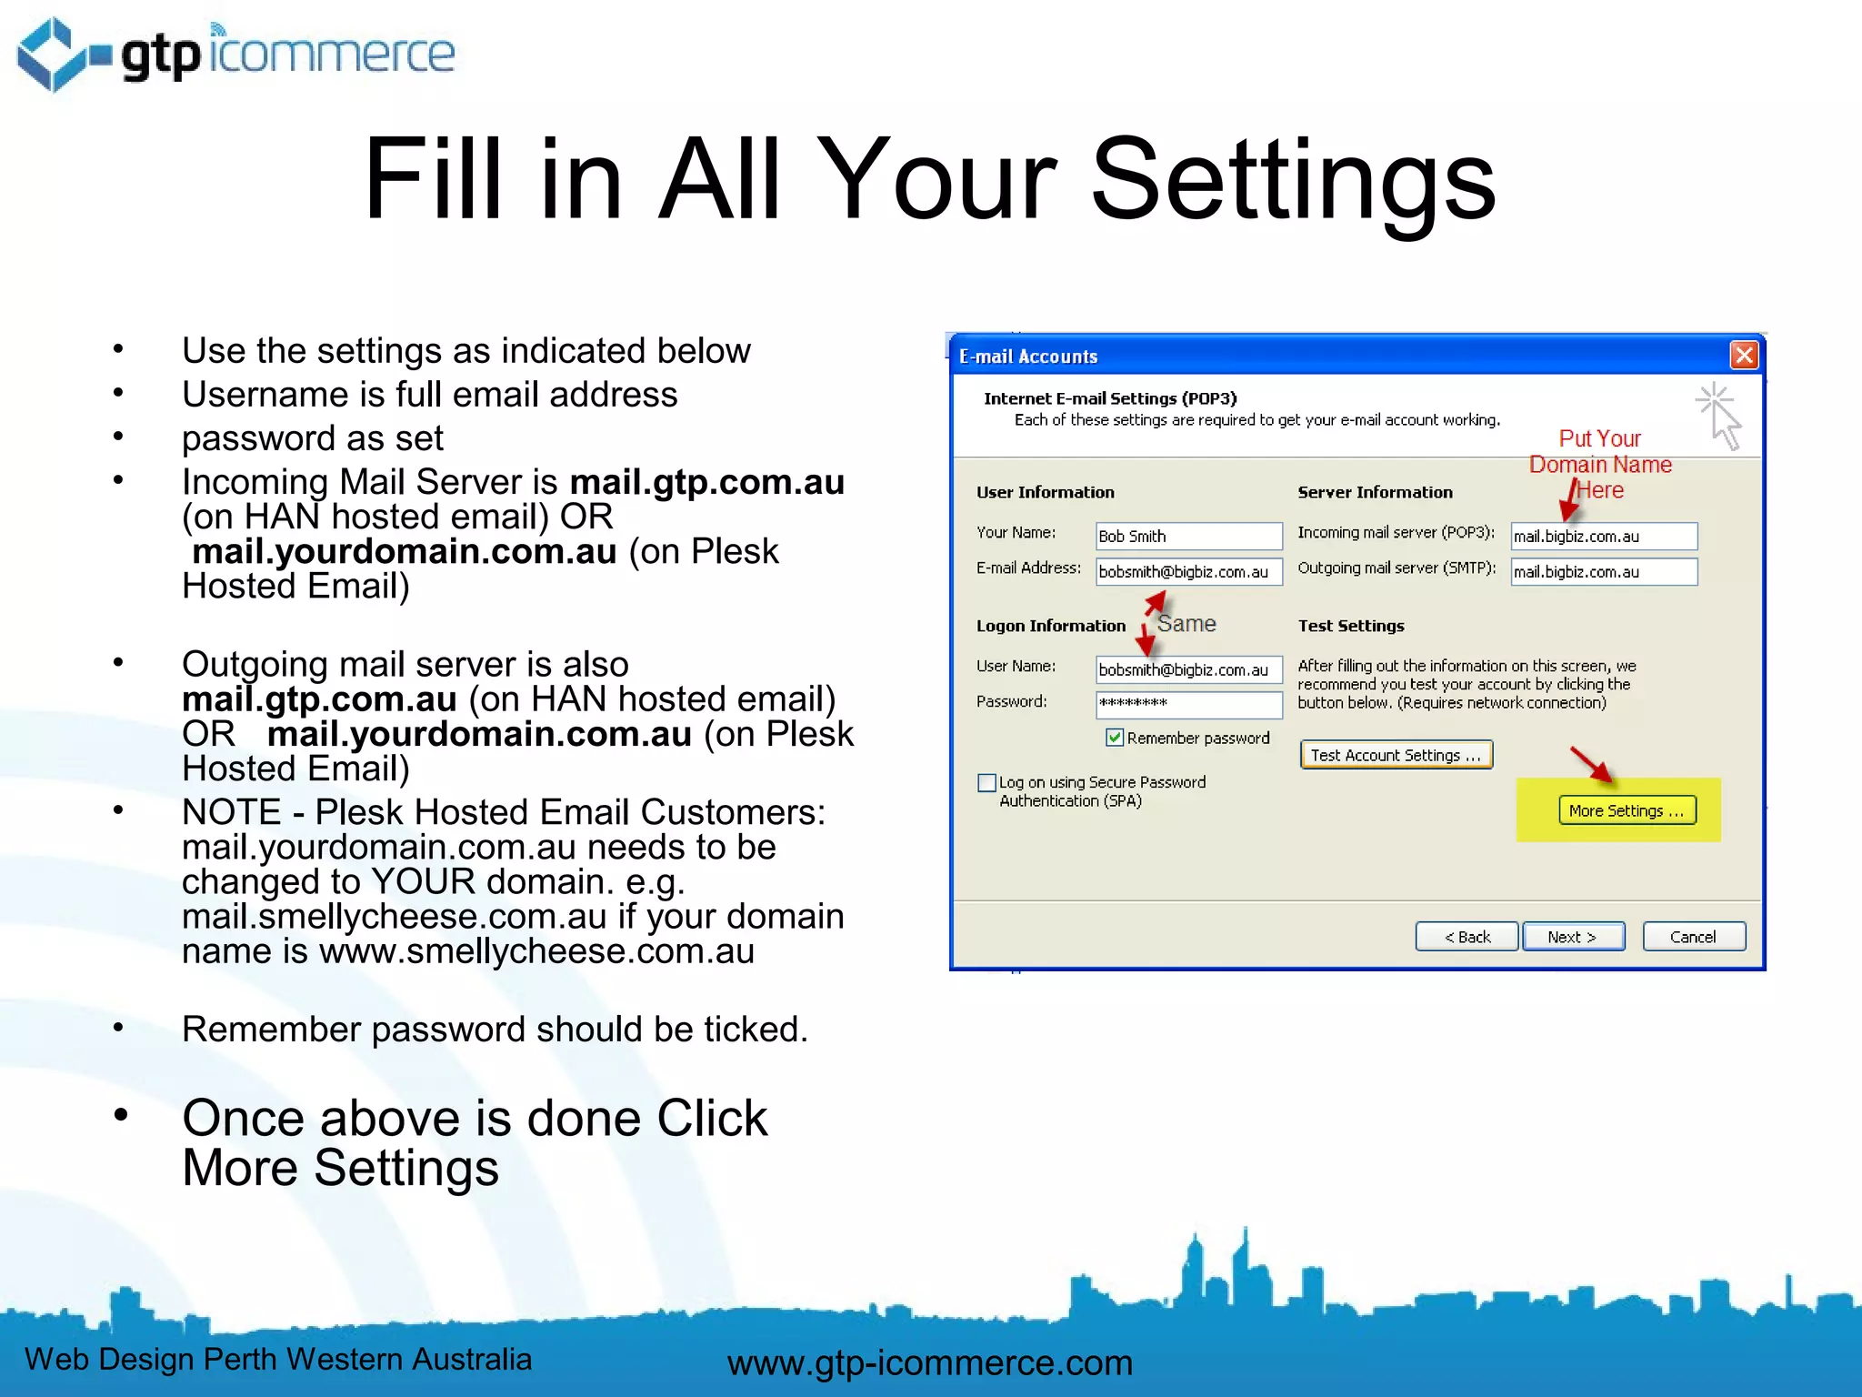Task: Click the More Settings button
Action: [1627, 810]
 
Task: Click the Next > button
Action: [1573, 937]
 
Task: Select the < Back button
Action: [1467, 937]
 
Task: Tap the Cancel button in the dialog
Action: [1693, 937]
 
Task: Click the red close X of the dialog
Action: [1744, 356]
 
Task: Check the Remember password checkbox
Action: [1115, 738]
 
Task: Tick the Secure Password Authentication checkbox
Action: [986, 782]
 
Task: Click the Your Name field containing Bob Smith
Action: [1188, 536]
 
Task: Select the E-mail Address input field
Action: [1188, 571]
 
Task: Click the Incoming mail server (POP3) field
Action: [1603, 536]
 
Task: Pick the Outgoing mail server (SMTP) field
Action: [1603, 571]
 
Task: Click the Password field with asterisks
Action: [1188, 703]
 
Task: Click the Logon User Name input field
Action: [1188, 669]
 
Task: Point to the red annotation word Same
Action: [1186, 624]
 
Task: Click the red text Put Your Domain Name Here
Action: [1600, 464]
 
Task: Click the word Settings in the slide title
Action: [1292, 179]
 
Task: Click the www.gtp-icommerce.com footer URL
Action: [929, 1362]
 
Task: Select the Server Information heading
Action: [1375, 492]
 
